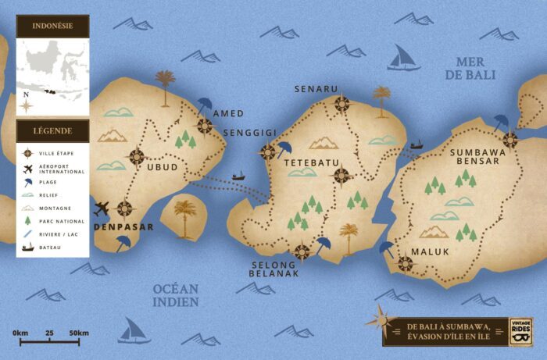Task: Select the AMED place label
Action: click(x=227, y=113)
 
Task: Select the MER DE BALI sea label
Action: click(x=465, y=68)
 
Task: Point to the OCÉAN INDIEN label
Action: click(x=176, y=294)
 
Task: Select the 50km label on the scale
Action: click(x=78, y=333)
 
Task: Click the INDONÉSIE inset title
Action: click(x=53, y=25)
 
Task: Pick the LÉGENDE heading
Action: click(x=53, y=130)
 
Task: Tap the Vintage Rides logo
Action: click(x=520, y=330)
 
